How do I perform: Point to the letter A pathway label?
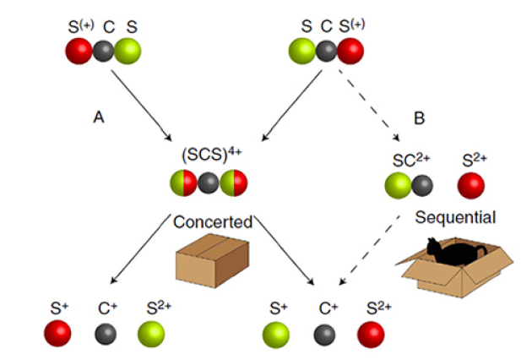point(98,119)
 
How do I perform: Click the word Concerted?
point(214,221)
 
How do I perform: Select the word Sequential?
point(455,218)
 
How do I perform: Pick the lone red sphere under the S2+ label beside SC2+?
point(470,185)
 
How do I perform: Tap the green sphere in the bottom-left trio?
point(153,335)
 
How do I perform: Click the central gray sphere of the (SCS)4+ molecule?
point(209,183)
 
